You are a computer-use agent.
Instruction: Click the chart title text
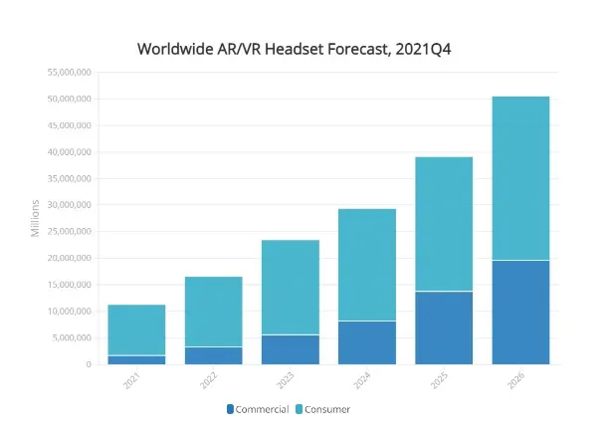(301, 48)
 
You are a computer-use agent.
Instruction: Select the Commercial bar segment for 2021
(137, 359)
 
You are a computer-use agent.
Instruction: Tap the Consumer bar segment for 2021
(137, 329)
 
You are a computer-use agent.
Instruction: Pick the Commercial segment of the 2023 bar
(291, 349)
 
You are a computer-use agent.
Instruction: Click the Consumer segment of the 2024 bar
(367, 265)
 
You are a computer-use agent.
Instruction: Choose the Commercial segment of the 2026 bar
(520, 312)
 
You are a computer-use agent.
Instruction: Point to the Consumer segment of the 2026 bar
(520, 178)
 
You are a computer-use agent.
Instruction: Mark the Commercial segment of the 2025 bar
(444, 327)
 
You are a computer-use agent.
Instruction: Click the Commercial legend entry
(258, 409)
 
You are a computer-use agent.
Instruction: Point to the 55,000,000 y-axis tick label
(68, 73)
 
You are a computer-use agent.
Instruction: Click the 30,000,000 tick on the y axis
(68, 205)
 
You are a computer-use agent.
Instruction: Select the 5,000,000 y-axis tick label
(71, 337)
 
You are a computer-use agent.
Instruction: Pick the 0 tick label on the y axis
(88, 364)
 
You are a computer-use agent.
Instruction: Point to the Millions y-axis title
(35, 218)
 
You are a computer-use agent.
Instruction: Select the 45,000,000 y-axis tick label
(68, 125)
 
